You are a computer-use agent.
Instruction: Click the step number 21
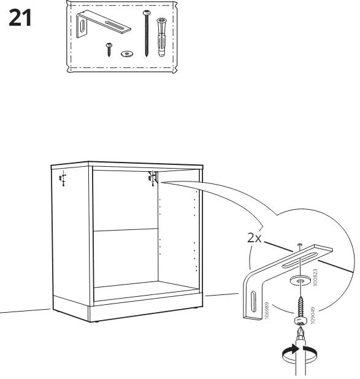[x=20, y=18]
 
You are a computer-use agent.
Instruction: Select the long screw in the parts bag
[x=147, y=33]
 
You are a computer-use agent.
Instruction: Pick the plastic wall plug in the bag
[x=161, y=37]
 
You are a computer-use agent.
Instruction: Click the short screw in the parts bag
[x=109, y=50]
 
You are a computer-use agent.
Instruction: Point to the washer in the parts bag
[x=128, y=54]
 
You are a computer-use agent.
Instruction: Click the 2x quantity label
[x=255, y=237]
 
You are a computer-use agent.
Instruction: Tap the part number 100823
[x=315, y=277]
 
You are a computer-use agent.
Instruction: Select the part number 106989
[x=267, y=310]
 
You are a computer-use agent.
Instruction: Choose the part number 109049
[x=313, y=315]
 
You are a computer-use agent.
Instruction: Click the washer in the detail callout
[x=300, y=281]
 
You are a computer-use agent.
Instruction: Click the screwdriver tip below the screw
[x=300, y=331]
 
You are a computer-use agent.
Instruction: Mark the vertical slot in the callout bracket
[x=253, y=302]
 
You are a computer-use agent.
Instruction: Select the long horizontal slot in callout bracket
[x=299, y=260]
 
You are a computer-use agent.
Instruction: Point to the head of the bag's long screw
[x=147, y=12]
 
